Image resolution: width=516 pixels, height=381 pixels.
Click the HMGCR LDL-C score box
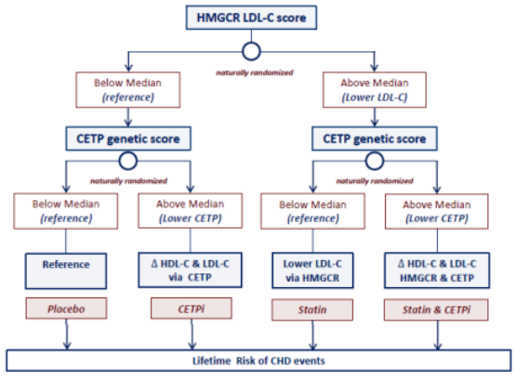[x=251, y=18]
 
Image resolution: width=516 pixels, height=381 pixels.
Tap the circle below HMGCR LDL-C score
[x=251, y=44]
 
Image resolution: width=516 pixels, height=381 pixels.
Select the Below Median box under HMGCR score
[x=128, y=90]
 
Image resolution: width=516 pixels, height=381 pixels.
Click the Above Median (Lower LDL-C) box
[x=375, y=90]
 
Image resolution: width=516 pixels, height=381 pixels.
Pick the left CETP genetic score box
[x=128, y=138]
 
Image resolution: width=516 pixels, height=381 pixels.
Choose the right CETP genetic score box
[x=375, y=138]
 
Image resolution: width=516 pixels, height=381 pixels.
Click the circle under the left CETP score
[x=128, y=153]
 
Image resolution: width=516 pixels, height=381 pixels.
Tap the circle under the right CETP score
[x=375, y=153]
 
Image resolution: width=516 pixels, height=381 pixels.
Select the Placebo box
[x=66, y=309]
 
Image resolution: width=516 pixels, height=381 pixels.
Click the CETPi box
[x=192, y=309]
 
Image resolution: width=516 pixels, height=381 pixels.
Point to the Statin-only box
[x=312, y=309]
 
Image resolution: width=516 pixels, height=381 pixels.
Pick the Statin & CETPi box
[x=436, y=309]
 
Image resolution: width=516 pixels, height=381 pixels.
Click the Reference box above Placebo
[x=66, y=271]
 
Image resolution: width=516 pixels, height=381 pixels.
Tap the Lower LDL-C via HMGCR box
[x=312, y=270]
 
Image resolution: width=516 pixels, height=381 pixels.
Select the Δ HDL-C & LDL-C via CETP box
[x=191, y=270]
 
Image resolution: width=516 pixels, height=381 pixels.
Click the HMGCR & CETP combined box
[x=437, y=270]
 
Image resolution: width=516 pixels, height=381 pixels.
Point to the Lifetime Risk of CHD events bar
[x=258, y=361]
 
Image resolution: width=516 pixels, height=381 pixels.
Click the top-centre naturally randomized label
[x=255, y=72]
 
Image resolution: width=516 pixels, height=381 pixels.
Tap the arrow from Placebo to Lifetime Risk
[x=67, y=335]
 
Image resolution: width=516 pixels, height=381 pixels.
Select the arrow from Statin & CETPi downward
[x=438, y=335]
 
